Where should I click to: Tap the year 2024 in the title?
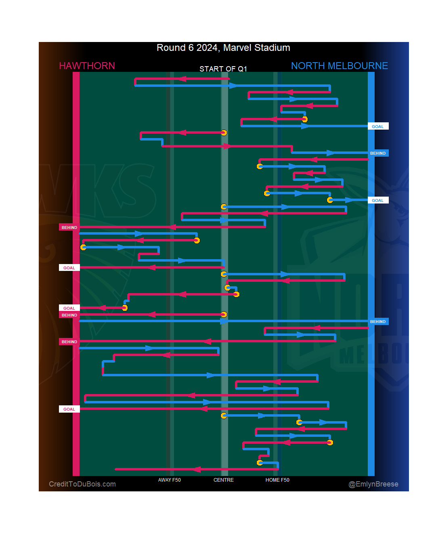(208, 48)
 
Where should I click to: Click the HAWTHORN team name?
(87, 66)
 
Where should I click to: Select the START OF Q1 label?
(223, 69)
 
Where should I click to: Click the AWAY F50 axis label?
(169, 480)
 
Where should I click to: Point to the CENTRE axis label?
(223, 480)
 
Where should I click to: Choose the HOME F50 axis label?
(277, 480)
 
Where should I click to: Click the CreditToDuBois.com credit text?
(82, 484)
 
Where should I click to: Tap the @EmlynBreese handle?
(373, 484)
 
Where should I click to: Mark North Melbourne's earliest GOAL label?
(378, 126)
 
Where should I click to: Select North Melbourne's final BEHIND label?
(378, 322)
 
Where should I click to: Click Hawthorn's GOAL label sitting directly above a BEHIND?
(69, 308)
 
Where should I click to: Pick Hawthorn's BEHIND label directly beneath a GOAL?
(69, 315)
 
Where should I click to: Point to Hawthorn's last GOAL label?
(69, 409)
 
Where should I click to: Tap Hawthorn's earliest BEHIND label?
(69, 227)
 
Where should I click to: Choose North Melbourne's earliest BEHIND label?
(378, 153)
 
